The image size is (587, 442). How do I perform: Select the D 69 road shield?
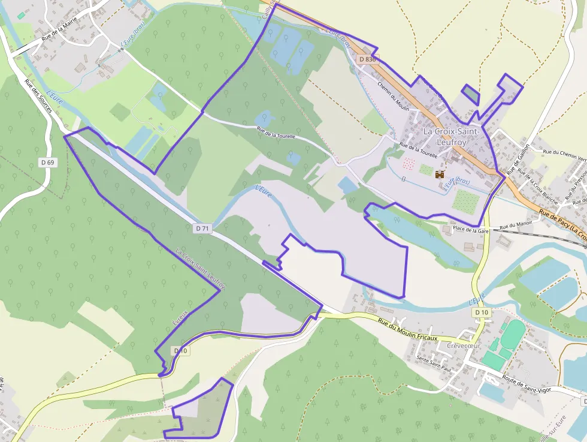[x=48, y=163]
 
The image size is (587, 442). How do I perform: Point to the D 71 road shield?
[x=202, y=228]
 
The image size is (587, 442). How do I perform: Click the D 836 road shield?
[x=368, y=59]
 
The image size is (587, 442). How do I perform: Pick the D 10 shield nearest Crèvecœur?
[x=481, y=313]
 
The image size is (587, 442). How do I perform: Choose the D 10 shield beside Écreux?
[x=180, y=351]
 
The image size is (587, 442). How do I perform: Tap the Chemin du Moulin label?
[x=393, y=95]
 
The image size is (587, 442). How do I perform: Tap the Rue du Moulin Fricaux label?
[x=408, y=330]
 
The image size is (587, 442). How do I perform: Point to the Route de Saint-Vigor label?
[x=527, y=382]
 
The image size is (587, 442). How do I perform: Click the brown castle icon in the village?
[x=440, y=175]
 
